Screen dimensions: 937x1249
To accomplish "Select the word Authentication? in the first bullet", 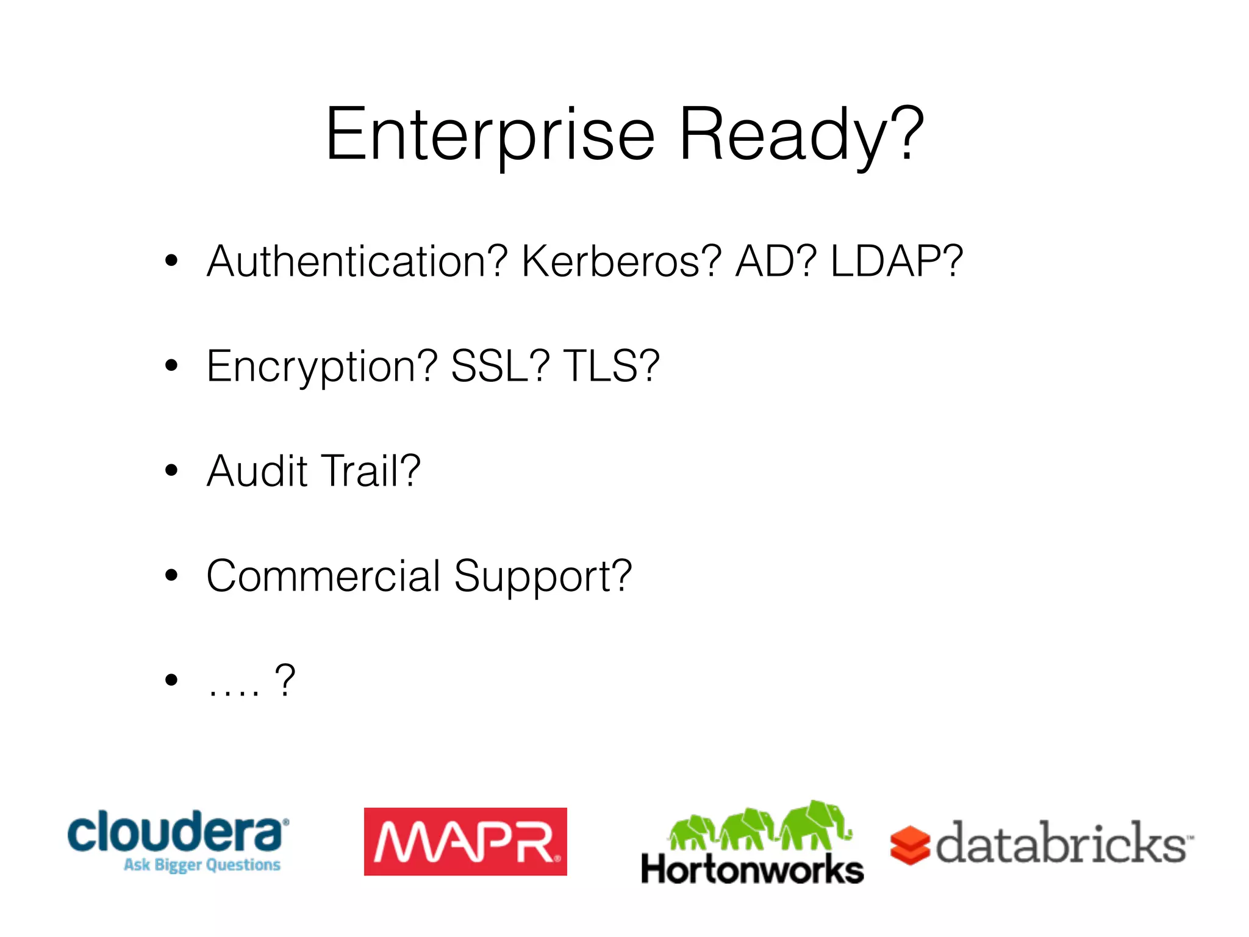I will tap(357, 262).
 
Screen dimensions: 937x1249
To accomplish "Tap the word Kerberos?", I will tap(621, 262).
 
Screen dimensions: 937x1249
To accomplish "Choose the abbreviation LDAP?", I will tap(896, 262).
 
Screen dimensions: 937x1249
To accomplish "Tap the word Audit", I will tap(257, 471).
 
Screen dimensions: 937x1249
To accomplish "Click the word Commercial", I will tap(323, 576).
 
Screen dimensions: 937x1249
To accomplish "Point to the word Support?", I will tap(543, 577).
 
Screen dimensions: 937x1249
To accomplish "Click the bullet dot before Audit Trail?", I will tap(171, 470).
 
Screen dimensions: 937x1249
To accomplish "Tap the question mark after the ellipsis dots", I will tap(285, 680).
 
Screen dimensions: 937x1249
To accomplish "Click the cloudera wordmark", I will tap(177, 831).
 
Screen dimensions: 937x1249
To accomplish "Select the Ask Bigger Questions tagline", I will tap(202, 865).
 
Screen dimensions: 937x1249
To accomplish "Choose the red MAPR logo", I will tap(465, 842).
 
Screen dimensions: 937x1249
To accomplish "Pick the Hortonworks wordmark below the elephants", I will tap(752, 869).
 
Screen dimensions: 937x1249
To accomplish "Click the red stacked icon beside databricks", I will tap(909, 845).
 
